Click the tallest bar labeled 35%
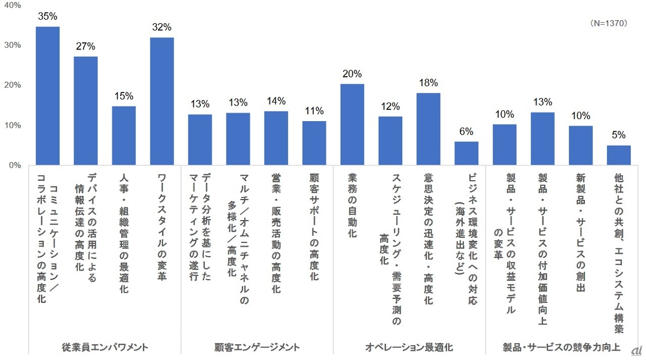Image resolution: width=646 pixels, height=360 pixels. click(47, 96)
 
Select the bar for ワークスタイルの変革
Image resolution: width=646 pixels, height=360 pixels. click(162, 101)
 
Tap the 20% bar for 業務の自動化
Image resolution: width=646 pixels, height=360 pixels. click(352, 124)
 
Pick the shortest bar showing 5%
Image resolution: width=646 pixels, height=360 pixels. click(619, 155)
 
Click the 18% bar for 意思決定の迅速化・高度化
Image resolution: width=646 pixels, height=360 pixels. click(428, 129)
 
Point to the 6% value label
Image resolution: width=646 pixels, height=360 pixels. click(466, 132)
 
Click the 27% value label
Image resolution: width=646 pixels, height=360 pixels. click(86, 46)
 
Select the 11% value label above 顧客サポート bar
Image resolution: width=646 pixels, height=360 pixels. click(314, 111)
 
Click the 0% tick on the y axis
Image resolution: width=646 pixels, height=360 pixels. click(14, 165)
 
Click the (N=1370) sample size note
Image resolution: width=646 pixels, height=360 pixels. click(608, 23)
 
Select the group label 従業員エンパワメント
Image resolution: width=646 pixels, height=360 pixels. click(105, 347)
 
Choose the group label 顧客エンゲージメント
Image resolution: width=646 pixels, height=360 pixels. click(257, 347)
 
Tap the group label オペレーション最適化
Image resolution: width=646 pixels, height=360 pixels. click(409, 347)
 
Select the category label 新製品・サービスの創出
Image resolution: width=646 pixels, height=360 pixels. click(580, 233)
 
